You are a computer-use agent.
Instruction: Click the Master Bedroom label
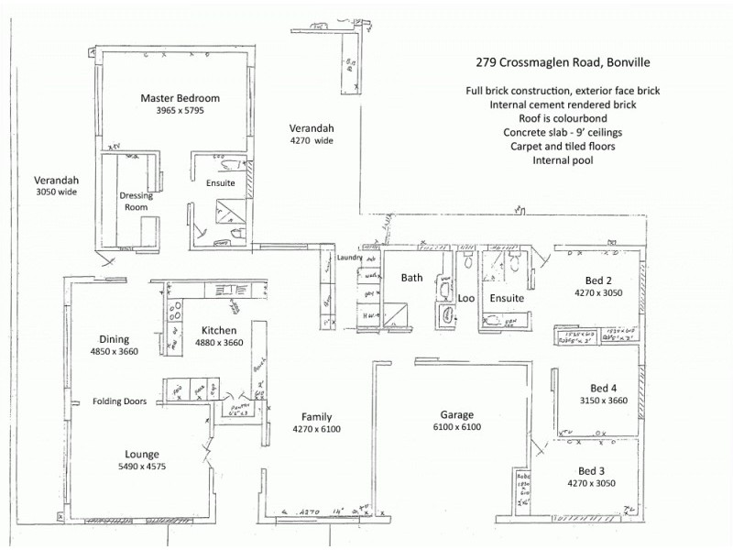[x=180, y=98]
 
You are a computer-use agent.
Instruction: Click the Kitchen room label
[x=219, y=330]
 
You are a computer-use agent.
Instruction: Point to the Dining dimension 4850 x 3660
[x=114, y=351]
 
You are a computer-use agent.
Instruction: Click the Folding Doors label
[x=121, y=401]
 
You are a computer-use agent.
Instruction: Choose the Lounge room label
[x=143, y=454]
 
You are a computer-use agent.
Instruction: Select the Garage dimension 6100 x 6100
[x=457, y=427]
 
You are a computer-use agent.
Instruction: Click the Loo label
[x=465, y=298]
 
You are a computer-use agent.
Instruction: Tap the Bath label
[x=411, y=278]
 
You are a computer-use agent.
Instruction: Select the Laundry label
[x=350, y=258]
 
